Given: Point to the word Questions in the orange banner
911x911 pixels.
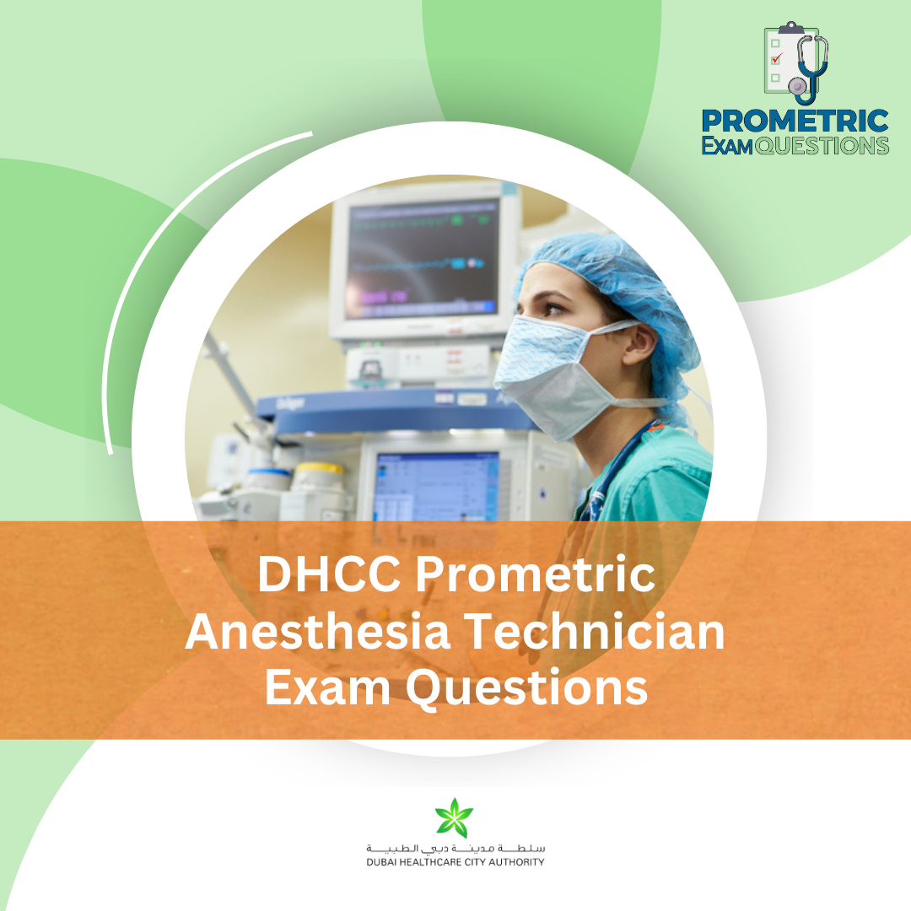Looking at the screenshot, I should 526,688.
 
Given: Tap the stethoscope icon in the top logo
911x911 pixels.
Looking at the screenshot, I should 811,67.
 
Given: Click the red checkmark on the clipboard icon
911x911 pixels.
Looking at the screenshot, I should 777,58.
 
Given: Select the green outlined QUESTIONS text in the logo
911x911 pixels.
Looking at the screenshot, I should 822,146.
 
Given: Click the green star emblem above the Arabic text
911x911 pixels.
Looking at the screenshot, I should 455,818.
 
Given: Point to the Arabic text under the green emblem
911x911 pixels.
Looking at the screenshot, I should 455,847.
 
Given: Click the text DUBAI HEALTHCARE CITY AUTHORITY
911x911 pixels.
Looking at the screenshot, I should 455,862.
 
